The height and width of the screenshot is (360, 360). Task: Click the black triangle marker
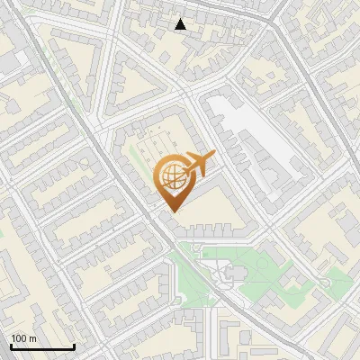point(181,24)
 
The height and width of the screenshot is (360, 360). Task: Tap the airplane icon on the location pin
point(199,163)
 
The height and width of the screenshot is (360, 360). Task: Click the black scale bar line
point(41,346)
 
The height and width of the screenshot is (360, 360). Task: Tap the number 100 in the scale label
point(19,338)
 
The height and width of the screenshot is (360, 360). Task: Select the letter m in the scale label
point(32,338)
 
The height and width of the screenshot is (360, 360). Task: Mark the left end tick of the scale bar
point(11,345)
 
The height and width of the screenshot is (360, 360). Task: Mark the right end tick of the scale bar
point(73,345)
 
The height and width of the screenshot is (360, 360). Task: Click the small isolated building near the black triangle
point(165,57)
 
